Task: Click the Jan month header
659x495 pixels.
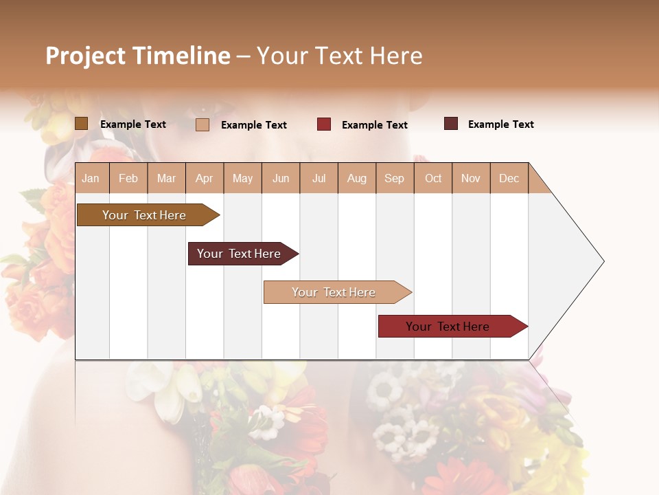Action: pos(91,178)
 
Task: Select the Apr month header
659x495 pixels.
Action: pos(204,178)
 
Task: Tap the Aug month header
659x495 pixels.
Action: pos(356,178)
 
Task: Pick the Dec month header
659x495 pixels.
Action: pos(509,178)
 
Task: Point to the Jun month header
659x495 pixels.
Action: pos(280,178)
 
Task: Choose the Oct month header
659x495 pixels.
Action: pos(432,178)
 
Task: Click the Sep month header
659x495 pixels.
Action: pos(394,178)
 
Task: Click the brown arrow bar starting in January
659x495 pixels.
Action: pos(144,215)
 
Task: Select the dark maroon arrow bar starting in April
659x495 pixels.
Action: pos(239,254)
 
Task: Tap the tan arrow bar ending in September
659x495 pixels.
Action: pos(334,292)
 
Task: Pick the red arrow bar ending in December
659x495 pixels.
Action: pos(448,327)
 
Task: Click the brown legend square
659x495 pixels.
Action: pos(81,124)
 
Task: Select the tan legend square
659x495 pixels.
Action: pos(203,124)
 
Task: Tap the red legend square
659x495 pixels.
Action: pos(324,124)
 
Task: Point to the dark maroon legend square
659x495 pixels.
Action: pos(451,124)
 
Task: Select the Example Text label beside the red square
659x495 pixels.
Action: pos(374,125)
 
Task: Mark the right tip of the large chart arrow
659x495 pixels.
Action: pos(603,261)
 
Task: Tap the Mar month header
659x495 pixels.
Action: pos(166,178)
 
